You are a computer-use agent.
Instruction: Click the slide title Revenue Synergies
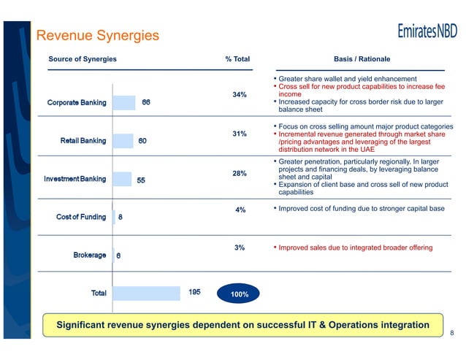coord(97,34)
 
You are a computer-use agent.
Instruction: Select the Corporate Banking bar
coord(125,102)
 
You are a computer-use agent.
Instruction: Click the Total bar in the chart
coord(146,293)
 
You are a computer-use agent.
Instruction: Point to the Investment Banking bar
coord(122,179)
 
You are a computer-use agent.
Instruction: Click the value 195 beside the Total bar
coord(194,292)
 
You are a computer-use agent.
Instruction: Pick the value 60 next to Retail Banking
coord(144,140)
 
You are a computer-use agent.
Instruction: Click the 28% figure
coord(239,174)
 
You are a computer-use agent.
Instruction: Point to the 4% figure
coord(240,210)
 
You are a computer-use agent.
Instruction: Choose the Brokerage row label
coord(90,256)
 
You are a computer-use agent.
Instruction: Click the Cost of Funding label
coord(81,217)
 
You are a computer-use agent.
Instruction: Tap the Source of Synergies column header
coord(83,58)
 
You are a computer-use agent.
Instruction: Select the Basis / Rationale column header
coord(362,58)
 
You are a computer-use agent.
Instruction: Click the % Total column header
coord(237,58)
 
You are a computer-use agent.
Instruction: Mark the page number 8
coord(452,334)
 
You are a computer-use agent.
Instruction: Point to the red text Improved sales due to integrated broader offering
coord(355,248)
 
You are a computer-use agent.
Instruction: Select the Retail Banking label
coord(83,140)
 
